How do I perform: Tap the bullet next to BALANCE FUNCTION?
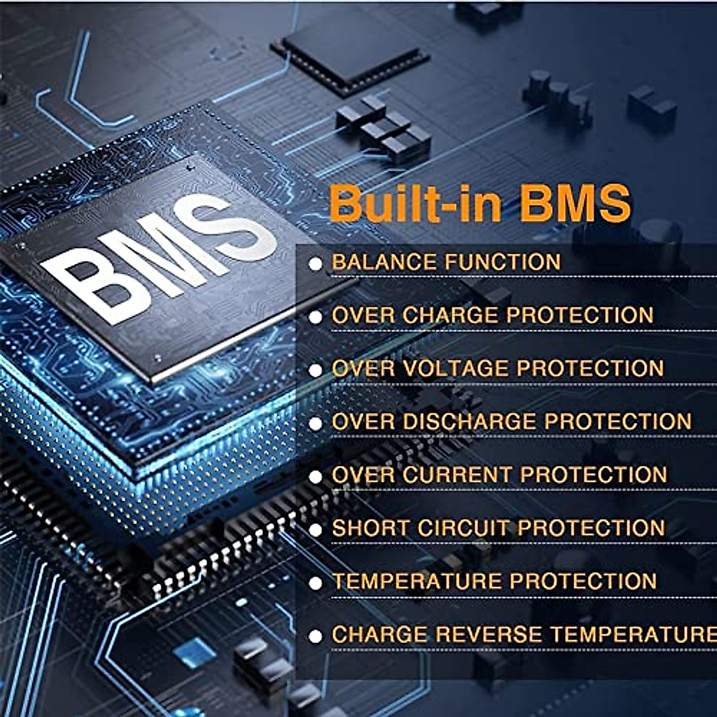315,263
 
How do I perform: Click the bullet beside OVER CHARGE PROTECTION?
315,317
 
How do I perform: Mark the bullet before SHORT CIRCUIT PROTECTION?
315,529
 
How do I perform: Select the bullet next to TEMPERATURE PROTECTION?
315,583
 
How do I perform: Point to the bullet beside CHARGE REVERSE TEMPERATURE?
315,636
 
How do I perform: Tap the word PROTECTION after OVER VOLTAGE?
590,368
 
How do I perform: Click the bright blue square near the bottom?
194,652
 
